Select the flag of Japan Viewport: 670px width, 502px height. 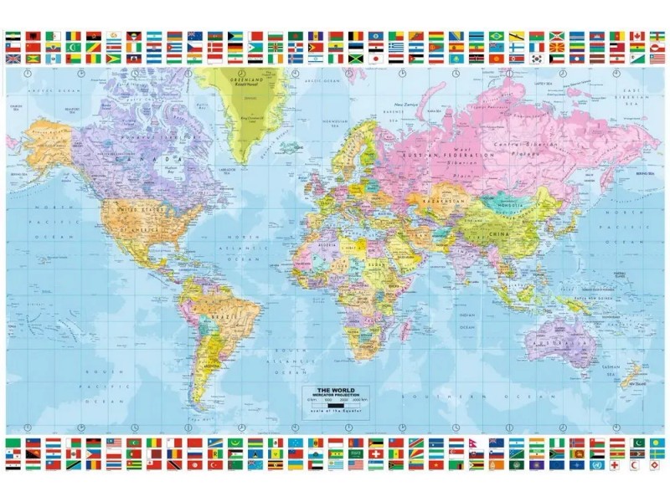[375, 59]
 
